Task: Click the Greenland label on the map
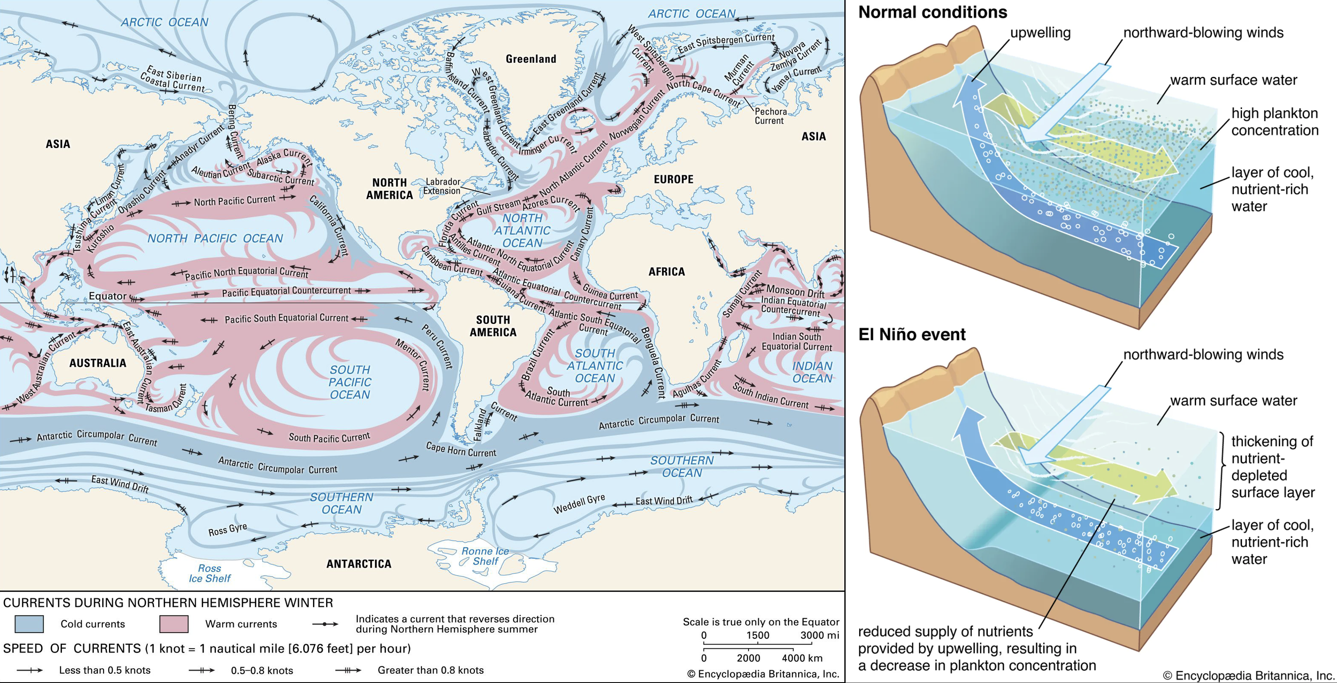tap(531, 59)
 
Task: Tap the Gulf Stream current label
tap(498, 207)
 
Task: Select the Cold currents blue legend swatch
tap(29, 623)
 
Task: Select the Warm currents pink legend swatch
tap(173, 623)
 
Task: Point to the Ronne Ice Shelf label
tap(485, 556)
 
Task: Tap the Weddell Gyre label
tap(579, 503)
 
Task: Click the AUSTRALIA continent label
tap(98, 363)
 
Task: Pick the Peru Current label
tap(437, 347)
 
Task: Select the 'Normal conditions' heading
tap(932, 12)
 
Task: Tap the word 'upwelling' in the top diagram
tap(1040, 33)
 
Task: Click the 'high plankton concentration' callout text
tap(1274, 122)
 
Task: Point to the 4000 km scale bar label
tap(802, 658)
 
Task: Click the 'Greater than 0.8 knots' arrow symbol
tap(348, 670)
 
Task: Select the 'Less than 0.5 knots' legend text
tap(104, 670)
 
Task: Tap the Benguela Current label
tap(653, 363)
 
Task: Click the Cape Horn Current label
tap(461, 450)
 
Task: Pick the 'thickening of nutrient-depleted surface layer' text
tap(1273, 466)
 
